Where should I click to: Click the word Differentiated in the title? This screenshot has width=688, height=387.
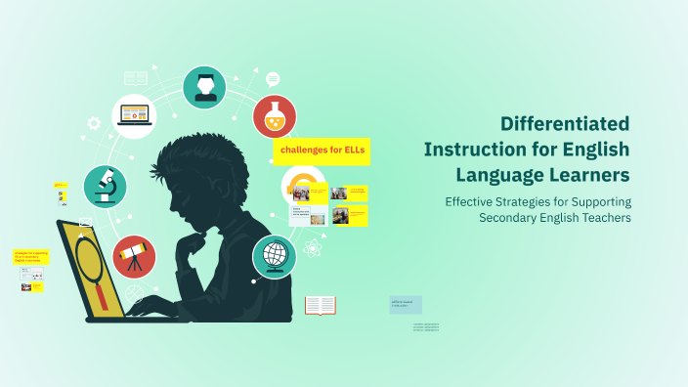[565, 124]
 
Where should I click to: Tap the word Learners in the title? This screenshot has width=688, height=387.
[589, 175]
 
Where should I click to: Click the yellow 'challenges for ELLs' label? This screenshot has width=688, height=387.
[322, 150]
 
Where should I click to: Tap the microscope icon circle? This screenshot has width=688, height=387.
[105, 185]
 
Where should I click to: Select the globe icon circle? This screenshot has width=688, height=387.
[275, 257]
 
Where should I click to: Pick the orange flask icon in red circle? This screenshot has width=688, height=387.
[275, 116]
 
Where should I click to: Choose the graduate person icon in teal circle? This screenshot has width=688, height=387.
[204, 87]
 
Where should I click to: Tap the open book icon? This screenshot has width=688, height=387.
[320, 306]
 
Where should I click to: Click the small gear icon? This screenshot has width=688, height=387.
[94, 123]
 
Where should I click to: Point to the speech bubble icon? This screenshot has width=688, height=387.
[273, 79]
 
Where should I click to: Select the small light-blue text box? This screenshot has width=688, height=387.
[406, 305]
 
